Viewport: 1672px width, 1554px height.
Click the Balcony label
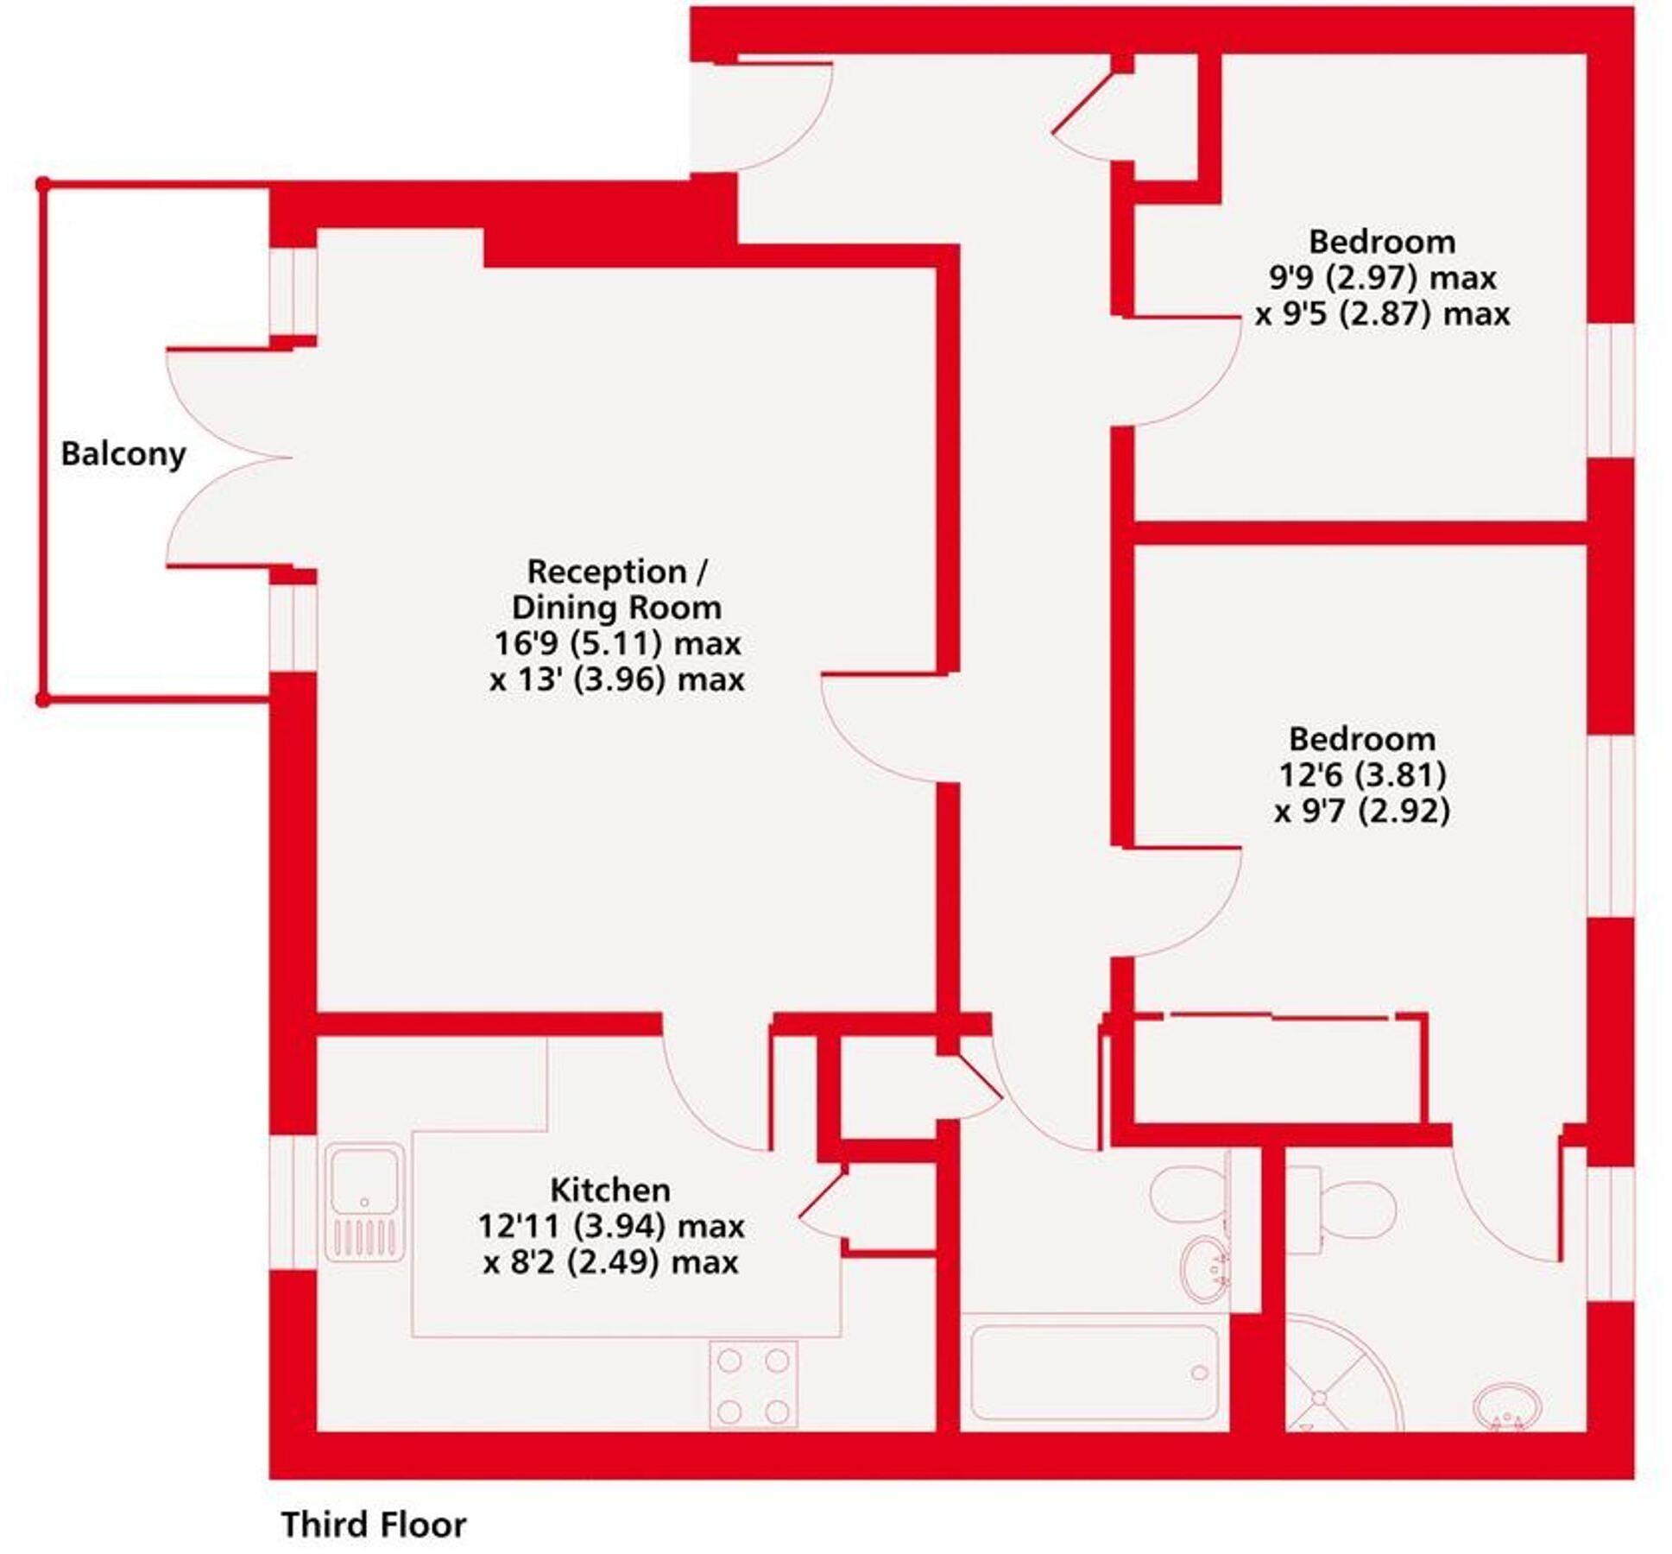[x=123, y=454]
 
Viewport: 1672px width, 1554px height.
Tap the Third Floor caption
[x=374, y=1524]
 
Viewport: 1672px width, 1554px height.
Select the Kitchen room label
[x=610, y=1190]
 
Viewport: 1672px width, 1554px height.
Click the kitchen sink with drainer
[x=364, y=1203]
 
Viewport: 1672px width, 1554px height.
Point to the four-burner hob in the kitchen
[x=754, y=1384]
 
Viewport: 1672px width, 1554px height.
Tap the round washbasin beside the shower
[x=1507, y=1408]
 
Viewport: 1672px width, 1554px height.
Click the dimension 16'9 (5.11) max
[x=617, y=643]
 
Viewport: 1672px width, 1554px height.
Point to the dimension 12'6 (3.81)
[x=1362, y=775]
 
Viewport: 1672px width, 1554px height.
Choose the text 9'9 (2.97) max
[x=1382, y=278]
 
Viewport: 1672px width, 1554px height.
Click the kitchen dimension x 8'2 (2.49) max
[x=610, y=1262]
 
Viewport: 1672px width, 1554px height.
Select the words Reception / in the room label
[x=617, y=572]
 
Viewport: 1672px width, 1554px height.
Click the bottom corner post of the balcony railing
[x=43, y=699]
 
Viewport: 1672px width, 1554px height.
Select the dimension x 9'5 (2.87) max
[x=1382, y=314]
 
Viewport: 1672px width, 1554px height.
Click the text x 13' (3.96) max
[x=617, y=679]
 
